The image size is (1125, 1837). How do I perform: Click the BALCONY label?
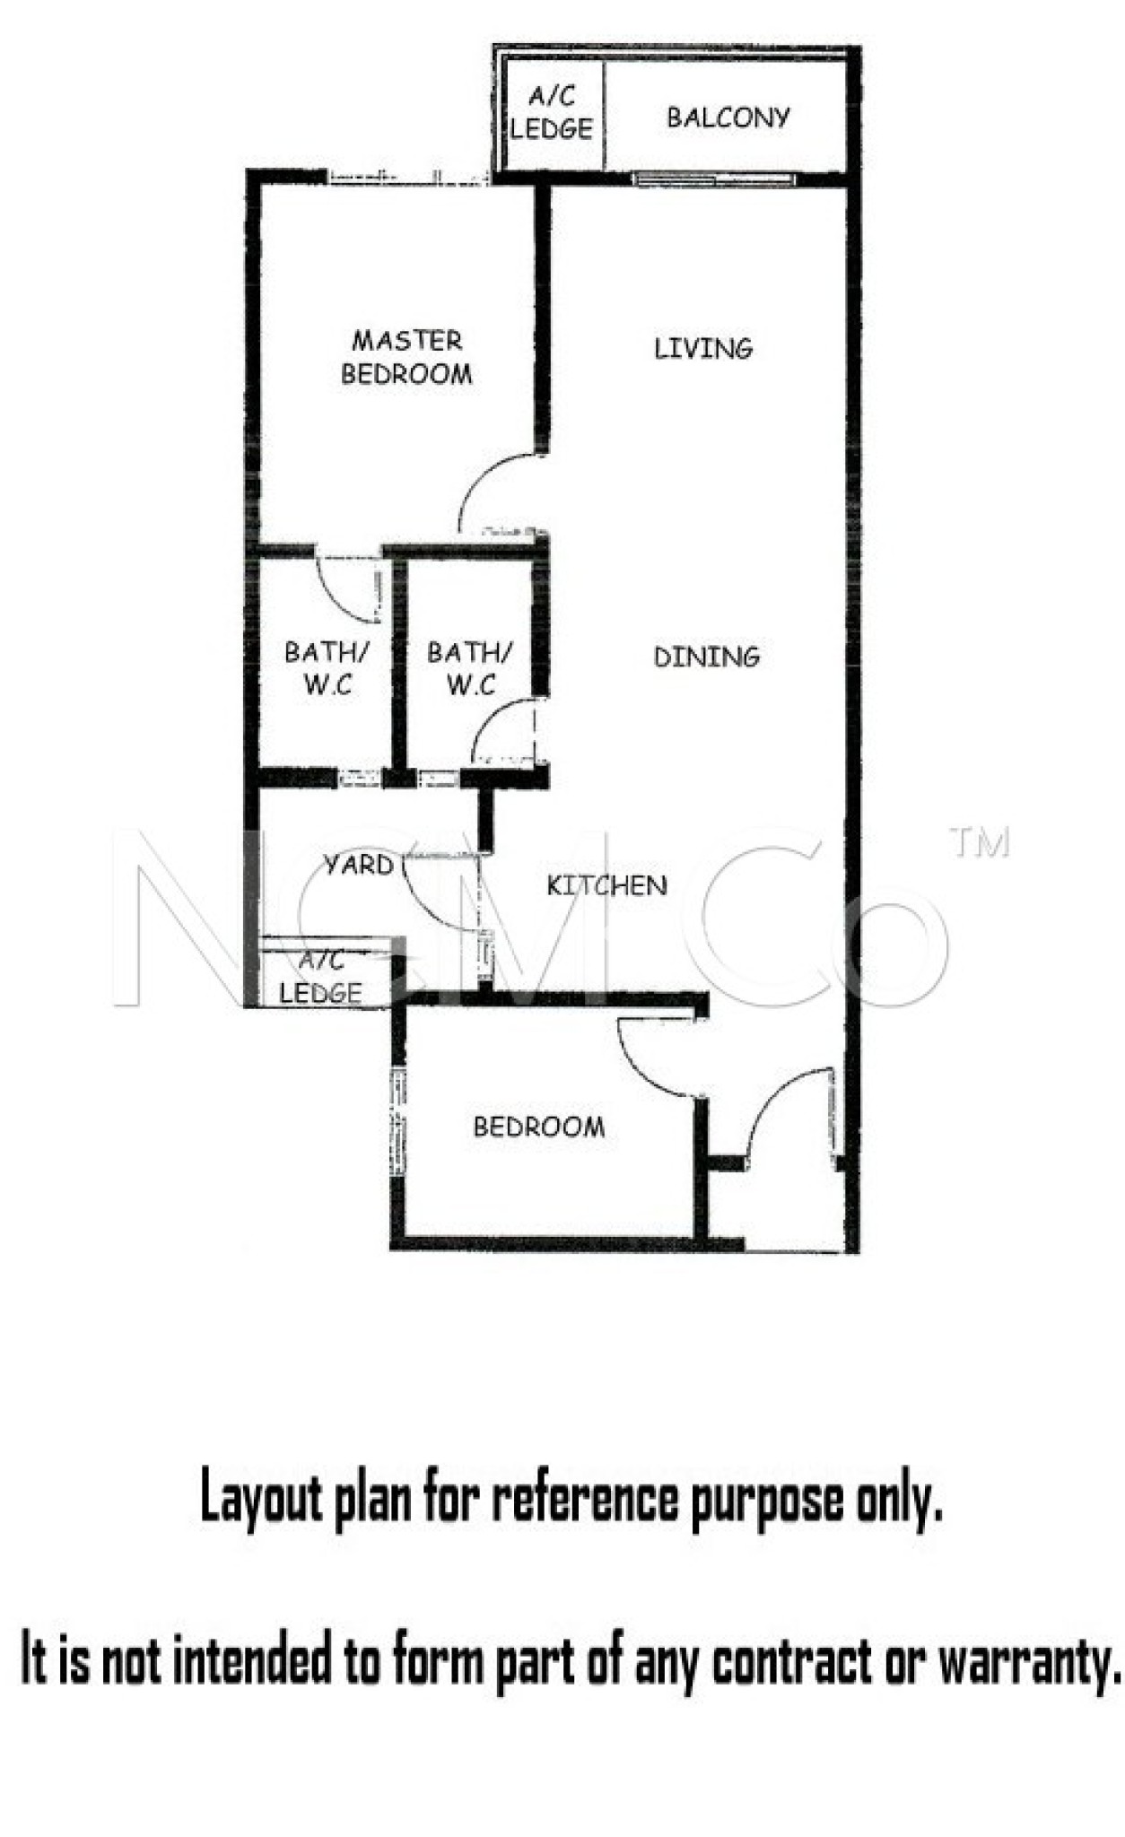click(x=728, y=118)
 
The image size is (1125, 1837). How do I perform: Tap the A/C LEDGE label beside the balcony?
click(x=552, y=113)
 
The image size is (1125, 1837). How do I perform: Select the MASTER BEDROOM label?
click(x=406, y=357)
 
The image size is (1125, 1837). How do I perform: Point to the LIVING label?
click(x=703, y=348)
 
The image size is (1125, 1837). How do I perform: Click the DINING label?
click(x=707, y=657)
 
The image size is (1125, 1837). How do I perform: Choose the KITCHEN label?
click(x=607, y=886)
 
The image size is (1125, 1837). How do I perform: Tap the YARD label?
click(x=359, y=865)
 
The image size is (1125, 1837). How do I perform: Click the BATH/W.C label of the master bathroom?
click(x=327, y=668)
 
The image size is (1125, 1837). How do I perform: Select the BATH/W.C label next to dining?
click(x=470, y=668)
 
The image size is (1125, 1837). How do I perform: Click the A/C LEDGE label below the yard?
click(x=321, y=977)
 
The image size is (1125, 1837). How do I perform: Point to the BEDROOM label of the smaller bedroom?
click(x=539, y=1127)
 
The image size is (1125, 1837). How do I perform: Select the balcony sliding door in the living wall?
click(x=714, y=179)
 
